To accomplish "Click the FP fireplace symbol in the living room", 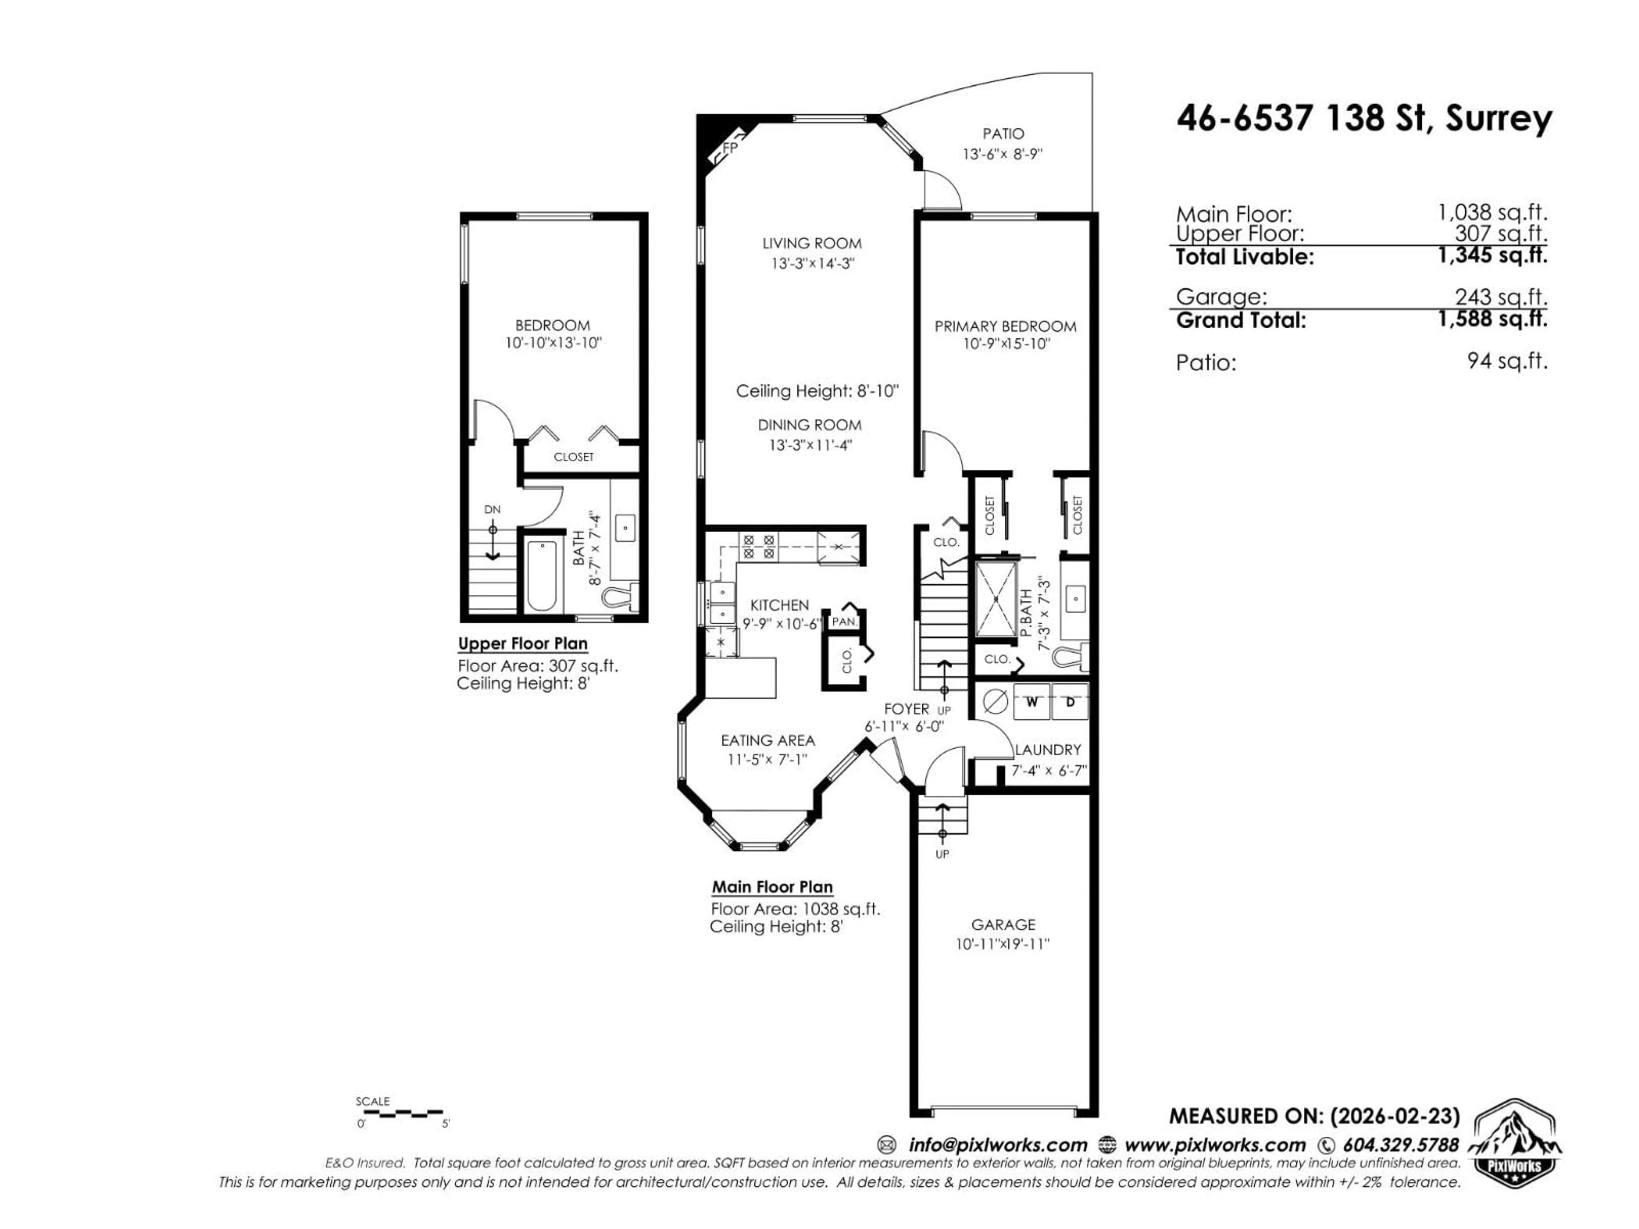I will (728, 149).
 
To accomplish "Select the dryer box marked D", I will (1069, 702).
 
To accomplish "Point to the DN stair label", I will (492, 510).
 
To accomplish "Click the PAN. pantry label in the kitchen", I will (843, 621).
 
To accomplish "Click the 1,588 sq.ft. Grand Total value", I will (1492, 320).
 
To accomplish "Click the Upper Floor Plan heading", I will (522, 644).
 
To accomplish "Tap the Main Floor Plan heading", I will (772, 887).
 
